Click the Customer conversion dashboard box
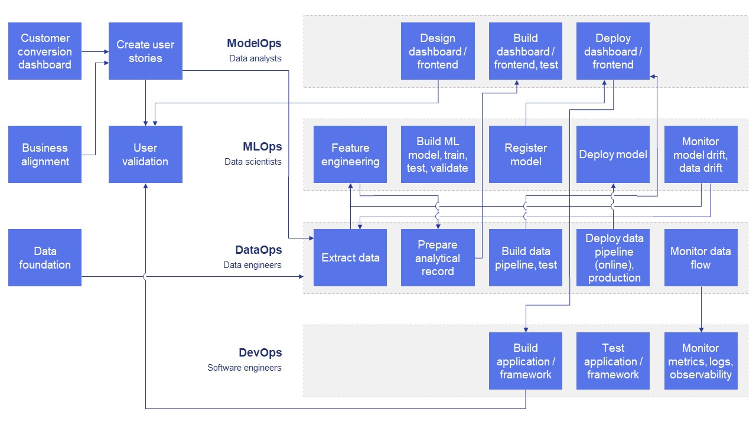[x=45, y=51]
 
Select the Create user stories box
[x=145, y=51]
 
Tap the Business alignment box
[x=45, y=154]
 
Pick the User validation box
[x=145, y=154]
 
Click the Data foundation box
[x=45, y=258]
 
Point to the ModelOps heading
[x=254, y=44]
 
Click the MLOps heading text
[x=262, y=146]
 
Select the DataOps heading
[x=259, y=250]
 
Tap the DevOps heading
[x=260, y=353]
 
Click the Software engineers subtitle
[x=244, y=368]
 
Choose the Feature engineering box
[x=350, y=154]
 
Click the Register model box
[x=526, y=154]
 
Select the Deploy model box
[x=613, y=154]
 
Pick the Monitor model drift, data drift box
[x=700, y=154]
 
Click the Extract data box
[x=350, y=258]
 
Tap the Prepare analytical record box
[x=438, y=258]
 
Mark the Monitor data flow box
[x=700, y=258]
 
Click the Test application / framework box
[x=613, y=361]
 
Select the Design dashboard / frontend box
[x=438, y=51]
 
